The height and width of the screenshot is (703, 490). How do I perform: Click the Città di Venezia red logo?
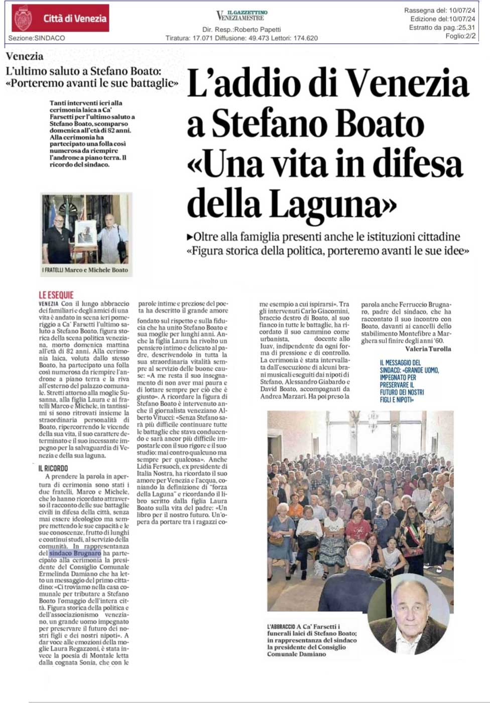[60, 19]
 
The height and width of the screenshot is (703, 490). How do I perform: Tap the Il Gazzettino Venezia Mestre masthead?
[241, 16]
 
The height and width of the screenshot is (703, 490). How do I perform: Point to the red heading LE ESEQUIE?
[56, 295]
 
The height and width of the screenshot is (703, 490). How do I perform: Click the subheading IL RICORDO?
[53, 468]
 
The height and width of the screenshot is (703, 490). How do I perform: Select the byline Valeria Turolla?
[428, 349]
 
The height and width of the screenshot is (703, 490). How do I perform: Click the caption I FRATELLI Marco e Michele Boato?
[85, 270]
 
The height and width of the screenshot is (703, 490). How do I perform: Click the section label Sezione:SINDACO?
[37, 38]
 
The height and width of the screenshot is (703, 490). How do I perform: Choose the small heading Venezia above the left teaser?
[25, 56]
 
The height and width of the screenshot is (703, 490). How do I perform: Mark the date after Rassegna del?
[461, 11]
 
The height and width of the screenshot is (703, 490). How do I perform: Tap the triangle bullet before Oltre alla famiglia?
[189, 236]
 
